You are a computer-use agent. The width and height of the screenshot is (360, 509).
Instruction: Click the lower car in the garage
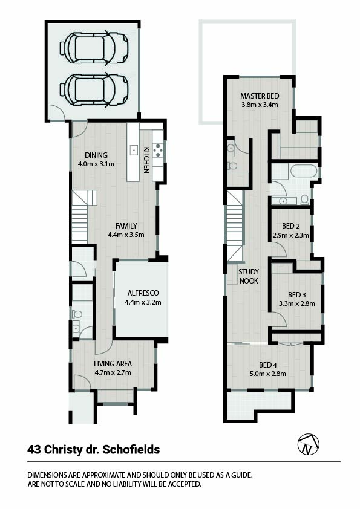[94, 89]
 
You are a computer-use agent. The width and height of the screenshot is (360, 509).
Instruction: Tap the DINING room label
[96, 155]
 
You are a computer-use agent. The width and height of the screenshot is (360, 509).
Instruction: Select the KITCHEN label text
[146, 160]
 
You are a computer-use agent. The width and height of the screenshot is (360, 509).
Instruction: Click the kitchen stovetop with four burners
[158, 151]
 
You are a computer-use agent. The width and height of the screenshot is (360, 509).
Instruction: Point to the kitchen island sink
[134, 151]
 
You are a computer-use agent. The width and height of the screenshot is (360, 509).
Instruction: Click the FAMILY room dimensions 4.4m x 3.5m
[126, 235]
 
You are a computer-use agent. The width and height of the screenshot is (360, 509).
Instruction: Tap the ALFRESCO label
[143, 293]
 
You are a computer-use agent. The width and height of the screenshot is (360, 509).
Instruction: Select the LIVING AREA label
[113, 363]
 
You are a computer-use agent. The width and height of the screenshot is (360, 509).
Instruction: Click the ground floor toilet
[77, 314]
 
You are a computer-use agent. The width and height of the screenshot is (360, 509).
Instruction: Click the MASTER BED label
[260, 96]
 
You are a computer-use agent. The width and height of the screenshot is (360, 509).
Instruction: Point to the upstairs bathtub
[303, 170]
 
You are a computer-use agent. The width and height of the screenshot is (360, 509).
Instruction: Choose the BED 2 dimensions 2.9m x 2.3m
[291, 235]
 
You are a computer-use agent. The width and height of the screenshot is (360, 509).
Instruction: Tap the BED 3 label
[296, 295]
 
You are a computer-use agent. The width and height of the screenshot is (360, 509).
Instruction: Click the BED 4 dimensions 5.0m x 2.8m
[267, 374]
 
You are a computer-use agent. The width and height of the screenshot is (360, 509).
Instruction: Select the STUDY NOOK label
[249, 276]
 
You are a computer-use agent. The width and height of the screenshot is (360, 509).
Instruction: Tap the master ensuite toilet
[232, 166]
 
